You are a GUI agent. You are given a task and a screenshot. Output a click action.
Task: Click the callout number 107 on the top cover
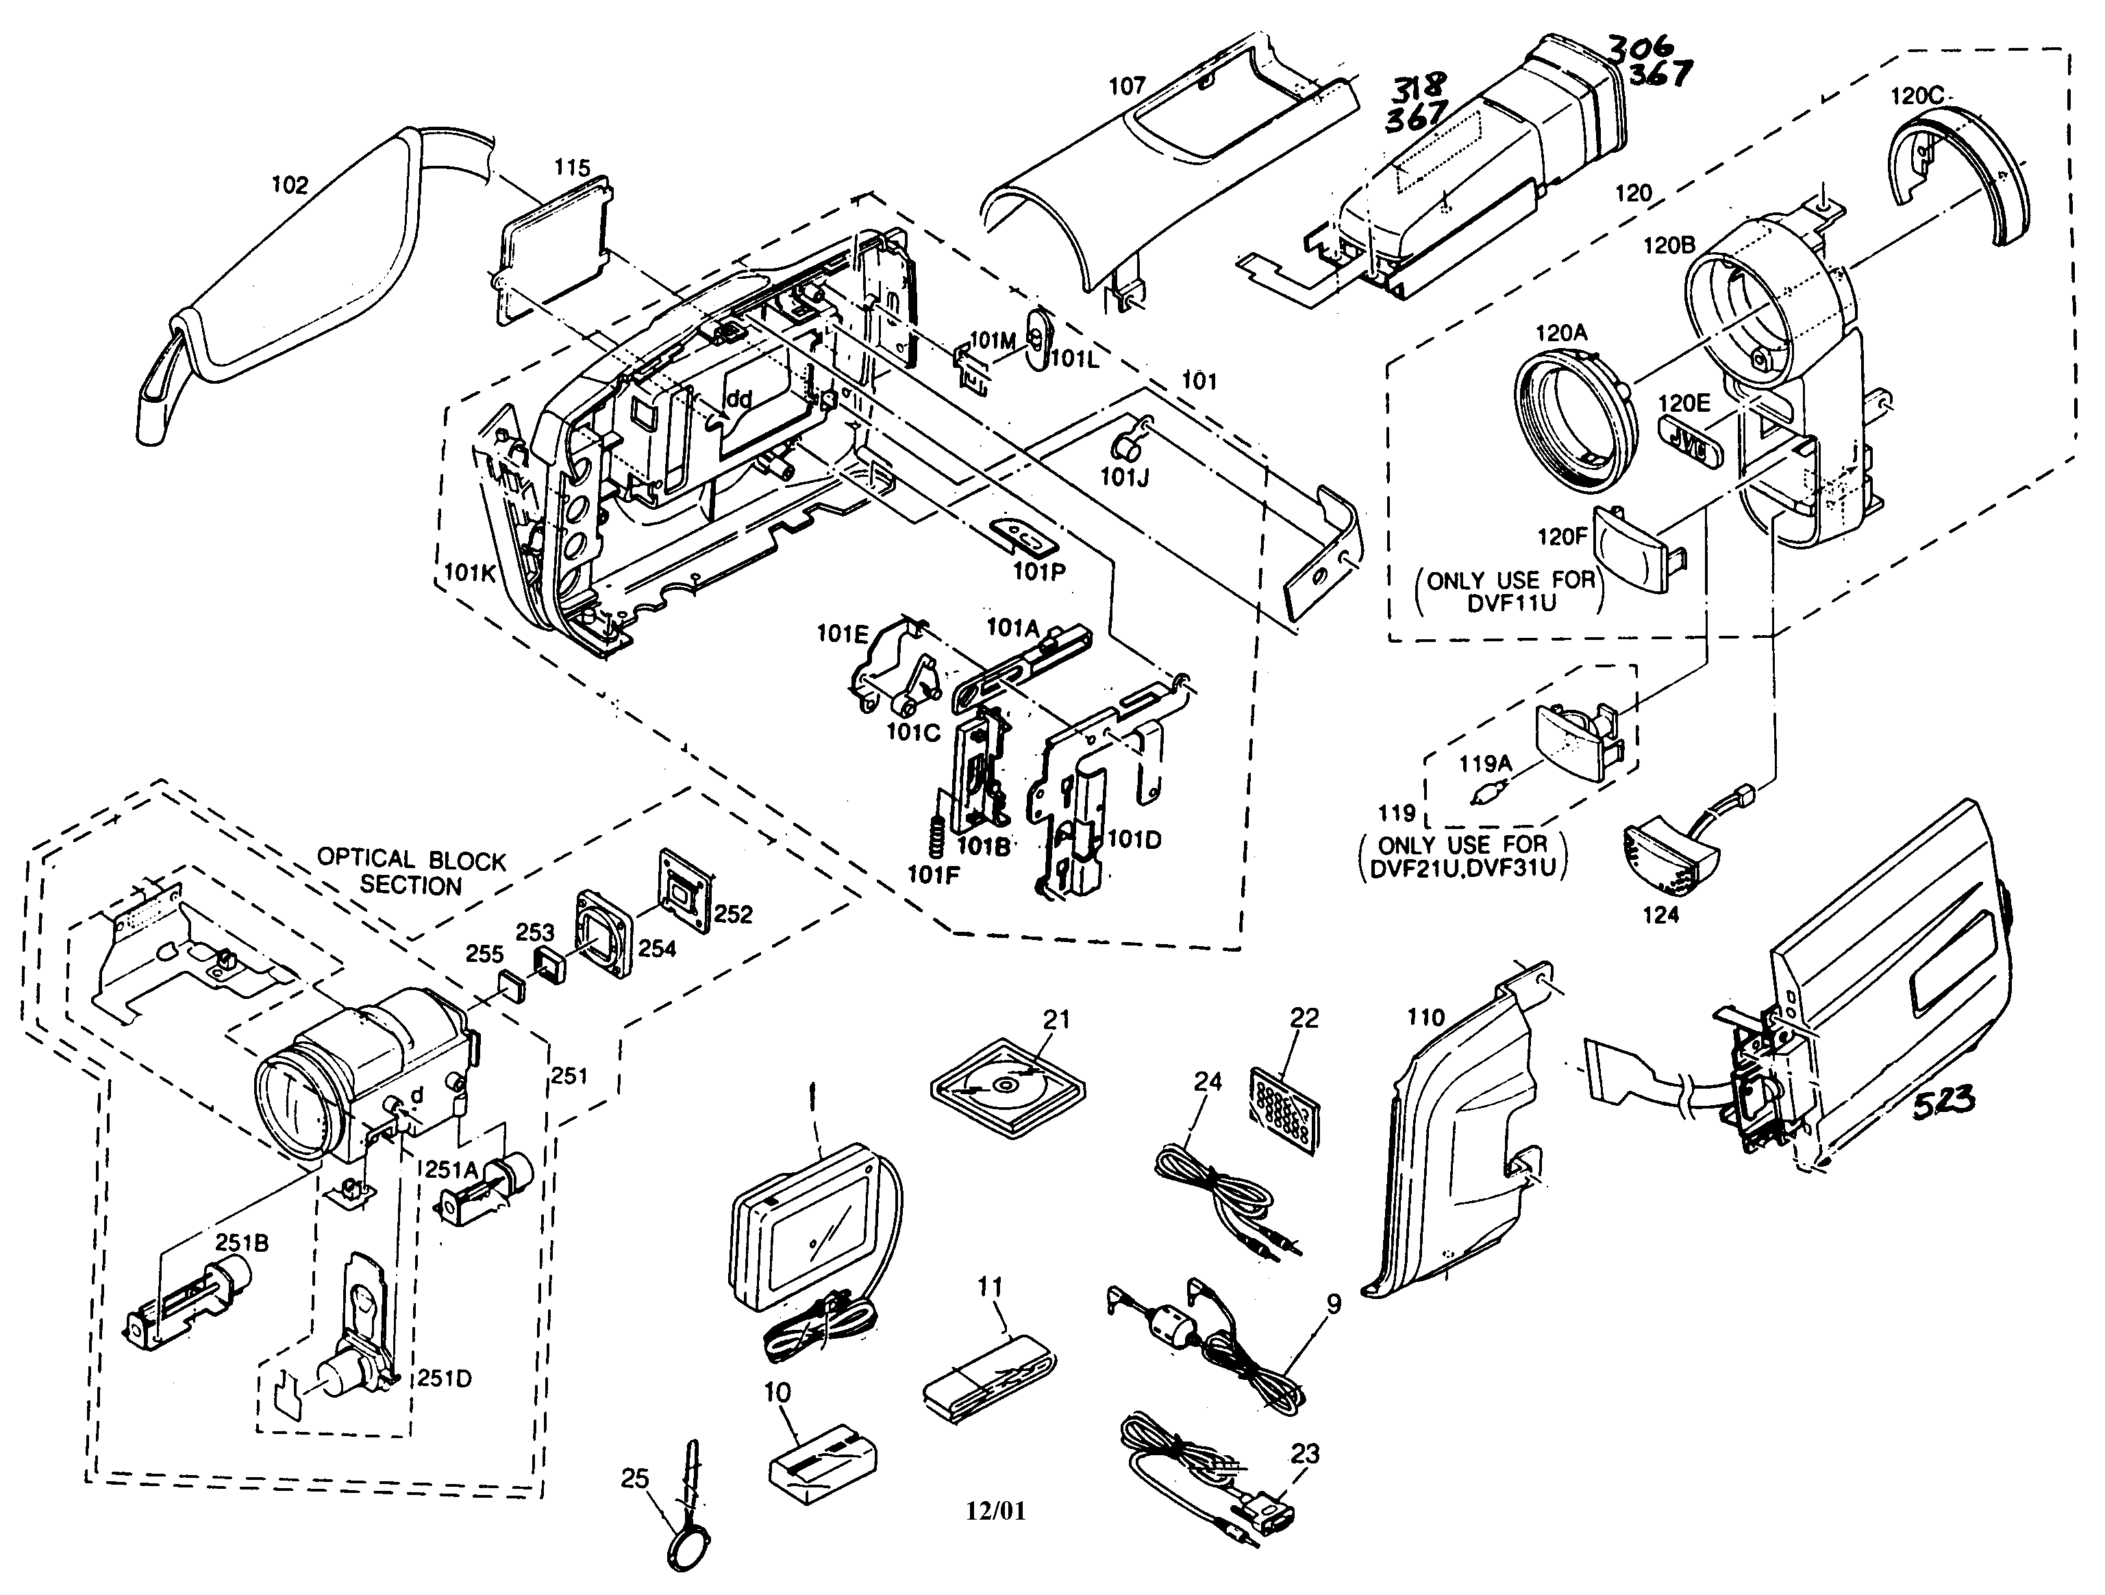pyautogui.click(x=1128, y=86)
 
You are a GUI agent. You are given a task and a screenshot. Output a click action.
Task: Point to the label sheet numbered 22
pyautogui.click(x=1283, y=1109)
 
